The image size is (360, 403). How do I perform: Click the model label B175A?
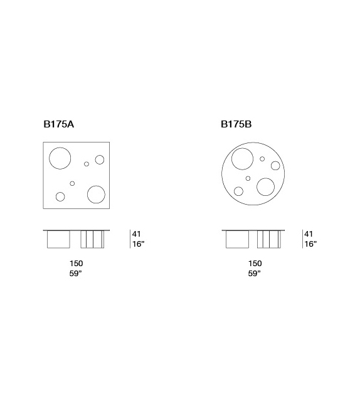pos(59,124)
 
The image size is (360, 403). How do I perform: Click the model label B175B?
pos(236,124)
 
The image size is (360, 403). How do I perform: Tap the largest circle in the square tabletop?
pos(50,158)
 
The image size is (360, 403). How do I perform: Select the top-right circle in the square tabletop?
pos(95,159)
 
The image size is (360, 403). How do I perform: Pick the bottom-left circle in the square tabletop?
pos(56,196)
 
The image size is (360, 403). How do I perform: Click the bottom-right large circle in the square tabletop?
pos(87,195)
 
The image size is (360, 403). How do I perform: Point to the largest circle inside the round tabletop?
pos(231,159)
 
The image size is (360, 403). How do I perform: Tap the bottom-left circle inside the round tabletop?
pos(234,191)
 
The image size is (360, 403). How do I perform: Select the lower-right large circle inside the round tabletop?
pos(257,187)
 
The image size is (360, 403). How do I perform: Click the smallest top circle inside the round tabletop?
pos(260,159)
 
